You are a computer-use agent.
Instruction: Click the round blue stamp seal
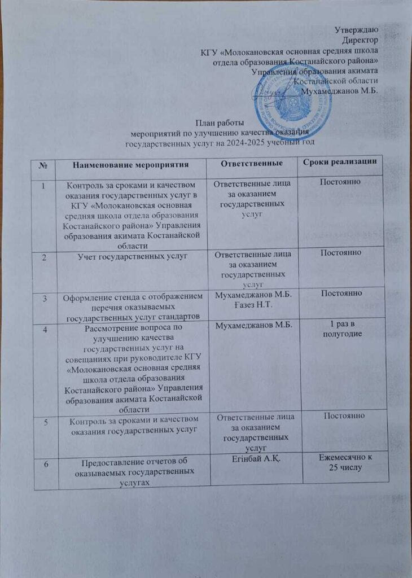point(292,102)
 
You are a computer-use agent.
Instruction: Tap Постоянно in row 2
point(341,252)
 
